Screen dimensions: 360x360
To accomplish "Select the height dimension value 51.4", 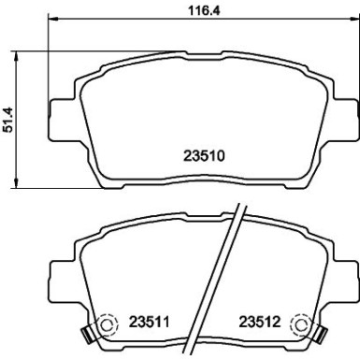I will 8,119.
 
